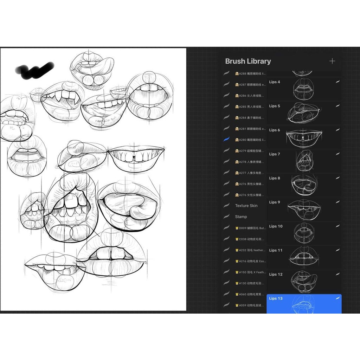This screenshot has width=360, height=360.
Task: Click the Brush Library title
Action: [x=248, y=61]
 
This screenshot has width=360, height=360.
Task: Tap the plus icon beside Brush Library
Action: [x=332, y=61]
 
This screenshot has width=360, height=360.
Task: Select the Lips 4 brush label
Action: [x=275, y=82]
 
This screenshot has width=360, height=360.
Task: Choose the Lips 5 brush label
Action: [x=275, y=106]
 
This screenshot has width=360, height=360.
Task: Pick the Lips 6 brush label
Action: [x=275, y=130]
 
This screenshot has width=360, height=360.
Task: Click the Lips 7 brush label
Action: [x=275, y=154]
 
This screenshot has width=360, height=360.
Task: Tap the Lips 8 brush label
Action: [x=275, y=178]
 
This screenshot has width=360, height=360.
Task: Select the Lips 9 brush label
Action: [x=275, y=202]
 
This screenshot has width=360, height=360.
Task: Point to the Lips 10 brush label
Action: [x=276, y=226]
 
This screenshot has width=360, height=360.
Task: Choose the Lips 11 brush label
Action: [x=276, y=250]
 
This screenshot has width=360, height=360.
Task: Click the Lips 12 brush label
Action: [x=276, y=274]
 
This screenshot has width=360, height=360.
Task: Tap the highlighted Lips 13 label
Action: [x=276, y=298]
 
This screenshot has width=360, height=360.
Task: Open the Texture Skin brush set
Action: [x=246, y=206]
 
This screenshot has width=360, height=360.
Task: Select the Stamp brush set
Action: [x=241, y=217]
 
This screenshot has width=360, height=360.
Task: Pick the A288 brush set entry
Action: [x=251, y=74]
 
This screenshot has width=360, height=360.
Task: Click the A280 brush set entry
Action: [x=251, y=140]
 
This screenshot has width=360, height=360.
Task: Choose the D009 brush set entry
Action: [x=251, y=228]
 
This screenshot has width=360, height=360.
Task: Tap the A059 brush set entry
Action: [x=251, y=306]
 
